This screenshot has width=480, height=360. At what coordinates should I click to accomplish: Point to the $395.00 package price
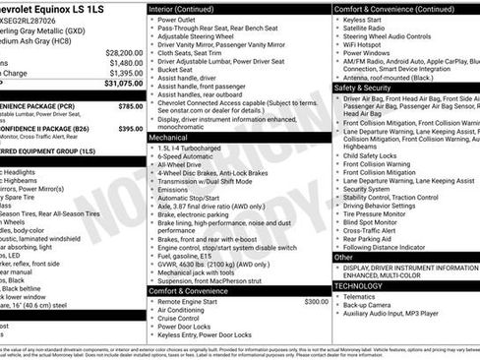coord(130,129)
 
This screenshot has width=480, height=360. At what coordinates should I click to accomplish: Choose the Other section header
coord(344,258)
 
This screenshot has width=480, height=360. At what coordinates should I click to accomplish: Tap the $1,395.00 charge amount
coord(125,74)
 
